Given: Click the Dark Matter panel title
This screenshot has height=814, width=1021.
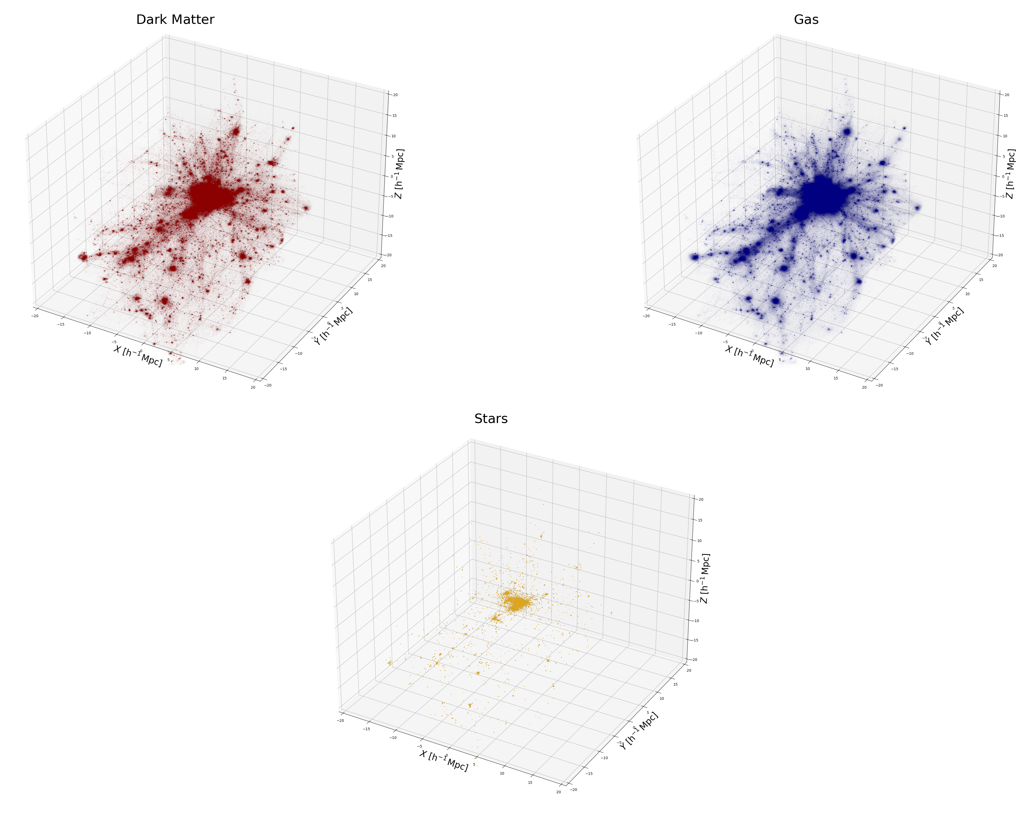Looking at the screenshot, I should pyautogui.click(x=175, y=20).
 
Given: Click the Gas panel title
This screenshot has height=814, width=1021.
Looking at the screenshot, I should pyautogui.click(x=806, y=20).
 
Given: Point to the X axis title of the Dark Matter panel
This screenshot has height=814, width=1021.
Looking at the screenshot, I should pyautogui.click(x=138, y=356).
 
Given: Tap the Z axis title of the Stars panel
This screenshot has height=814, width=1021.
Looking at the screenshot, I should pyautogui.click(x=705, y=578).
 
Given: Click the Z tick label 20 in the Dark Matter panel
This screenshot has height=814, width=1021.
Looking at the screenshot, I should pyautogui.click(x=395, y=95).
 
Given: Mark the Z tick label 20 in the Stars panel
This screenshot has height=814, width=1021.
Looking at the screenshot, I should pyautogui.click(x=700, y=499).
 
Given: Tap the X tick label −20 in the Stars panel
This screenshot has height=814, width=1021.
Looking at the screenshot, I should pyautogui.click(x=340, y=720).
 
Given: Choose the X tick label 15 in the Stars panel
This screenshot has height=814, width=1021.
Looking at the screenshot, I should pyautogui.click(x=530, y=782).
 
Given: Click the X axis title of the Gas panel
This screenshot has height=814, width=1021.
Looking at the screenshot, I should pyautogui.click(x=749, y=356).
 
